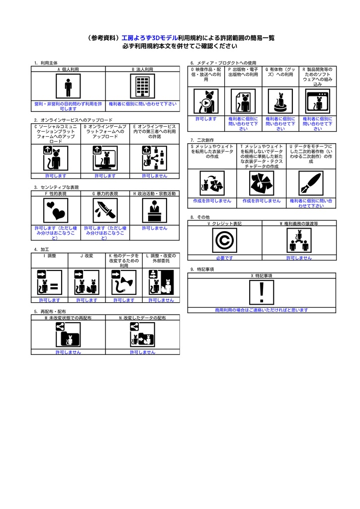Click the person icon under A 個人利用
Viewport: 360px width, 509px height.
(x=68, y=87)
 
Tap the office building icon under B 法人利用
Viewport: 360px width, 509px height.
(x=143, y=87)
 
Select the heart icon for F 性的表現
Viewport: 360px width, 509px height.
(x=56, y=211)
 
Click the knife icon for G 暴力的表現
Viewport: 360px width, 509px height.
(x=105, y=211)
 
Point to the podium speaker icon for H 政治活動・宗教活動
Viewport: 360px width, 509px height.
(x=155, y=211)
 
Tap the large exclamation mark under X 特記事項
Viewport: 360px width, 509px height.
(x=262, y=292)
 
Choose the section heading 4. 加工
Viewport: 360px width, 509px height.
(x=41, y=249)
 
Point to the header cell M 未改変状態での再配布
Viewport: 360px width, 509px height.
(x=68, y=317)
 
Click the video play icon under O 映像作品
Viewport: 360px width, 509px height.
(x=206, y=102)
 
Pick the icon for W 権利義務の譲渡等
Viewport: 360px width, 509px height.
(x=299, y=241)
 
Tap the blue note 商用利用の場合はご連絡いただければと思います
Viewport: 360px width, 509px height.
(x=262, y=310)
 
